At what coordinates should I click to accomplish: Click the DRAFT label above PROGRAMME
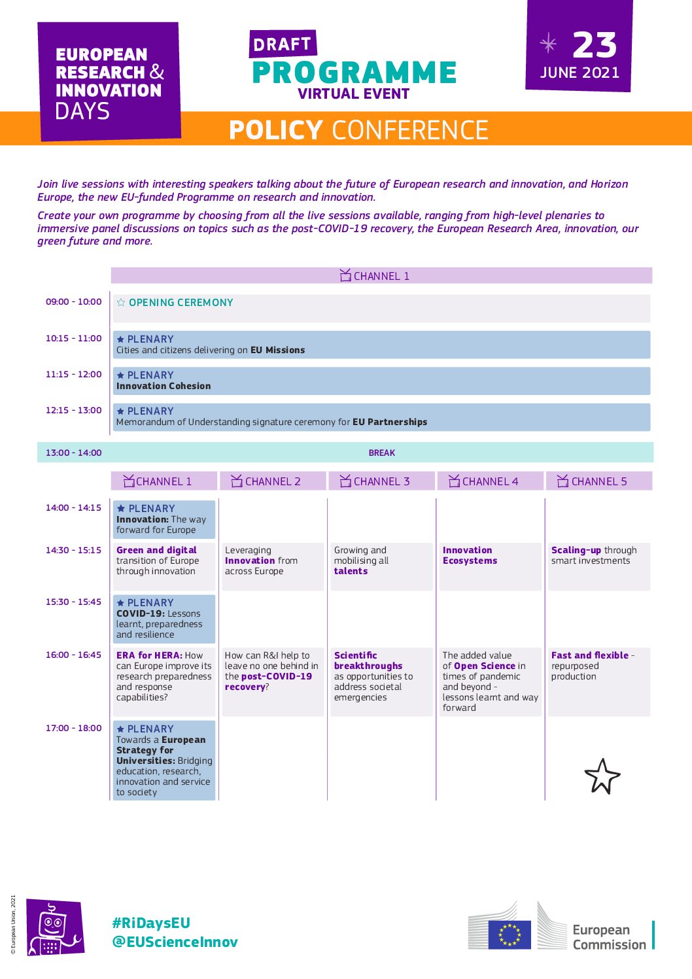coord(283,44)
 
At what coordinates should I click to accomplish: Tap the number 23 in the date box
coord(595,46)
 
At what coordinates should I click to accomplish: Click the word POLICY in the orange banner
coord(275,130)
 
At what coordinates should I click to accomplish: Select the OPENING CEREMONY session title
coord(181,303)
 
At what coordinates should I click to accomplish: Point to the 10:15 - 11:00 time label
coord(74,338)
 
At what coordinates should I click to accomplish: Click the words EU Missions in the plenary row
coord(278,350)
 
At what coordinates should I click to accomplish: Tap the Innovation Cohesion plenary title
coord(164,386)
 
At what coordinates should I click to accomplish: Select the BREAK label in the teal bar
coord(382,453)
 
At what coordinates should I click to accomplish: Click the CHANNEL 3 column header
coord(381,481)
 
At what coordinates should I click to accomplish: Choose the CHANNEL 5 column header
coord(598,481)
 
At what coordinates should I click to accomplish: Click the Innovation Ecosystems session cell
coord(470,555)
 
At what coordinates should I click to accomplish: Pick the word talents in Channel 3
coord(351,571)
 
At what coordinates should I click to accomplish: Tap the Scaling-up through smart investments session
coord(593,555)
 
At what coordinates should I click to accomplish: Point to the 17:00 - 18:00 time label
coord(74,728)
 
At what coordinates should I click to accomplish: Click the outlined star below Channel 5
coord(602,776)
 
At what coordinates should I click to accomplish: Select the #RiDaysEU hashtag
coord(151,923)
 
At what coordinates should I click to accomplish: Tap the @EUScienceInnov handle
coord(175,942)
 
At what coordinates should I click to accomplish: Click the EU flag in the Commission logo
coord(510,935)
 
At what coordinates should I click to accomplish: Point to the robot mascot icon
coord(54,927)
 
